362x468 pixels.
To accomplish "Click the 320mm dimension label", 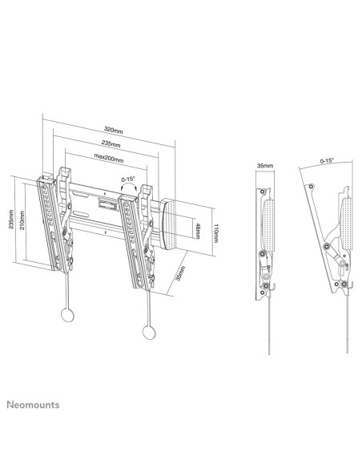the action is [x=113, y=130].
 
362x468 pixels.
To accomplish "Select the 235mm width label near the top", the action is [x=111, y=143].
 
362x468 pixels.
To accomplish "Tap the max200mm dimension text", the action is [x=109, y=158].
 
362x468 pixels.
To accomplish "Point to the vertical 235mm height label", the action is [x=11, y=220].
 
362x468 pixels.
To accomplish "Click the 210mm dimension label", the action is [x=22, y=220].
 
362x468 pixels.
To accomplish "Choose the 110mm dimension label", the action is [x=215, y=233].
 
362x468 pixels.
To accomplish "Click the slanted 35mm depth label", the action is [x=179, y=273].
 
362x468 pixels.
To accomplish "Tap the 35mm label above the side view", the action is [x=265, y=166].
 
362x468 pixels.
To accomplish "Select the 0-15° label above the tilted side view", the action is [x=327, y=161].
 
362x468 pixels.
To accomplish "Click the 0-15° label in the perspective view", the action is [x=128, y=180].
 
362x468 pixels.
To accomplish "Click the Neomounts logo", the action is [x=33, y=405].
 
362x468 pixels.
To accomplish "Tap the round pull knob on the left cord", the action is [x=67, y=314].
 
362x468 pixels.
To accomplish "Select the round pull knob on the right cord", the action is [x=149, y=333].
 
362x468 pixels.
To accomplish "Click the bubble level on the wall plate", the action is [x=107, y=205].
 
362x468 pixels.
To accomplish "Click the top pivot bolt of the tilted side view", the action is [x=311, y=187].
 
